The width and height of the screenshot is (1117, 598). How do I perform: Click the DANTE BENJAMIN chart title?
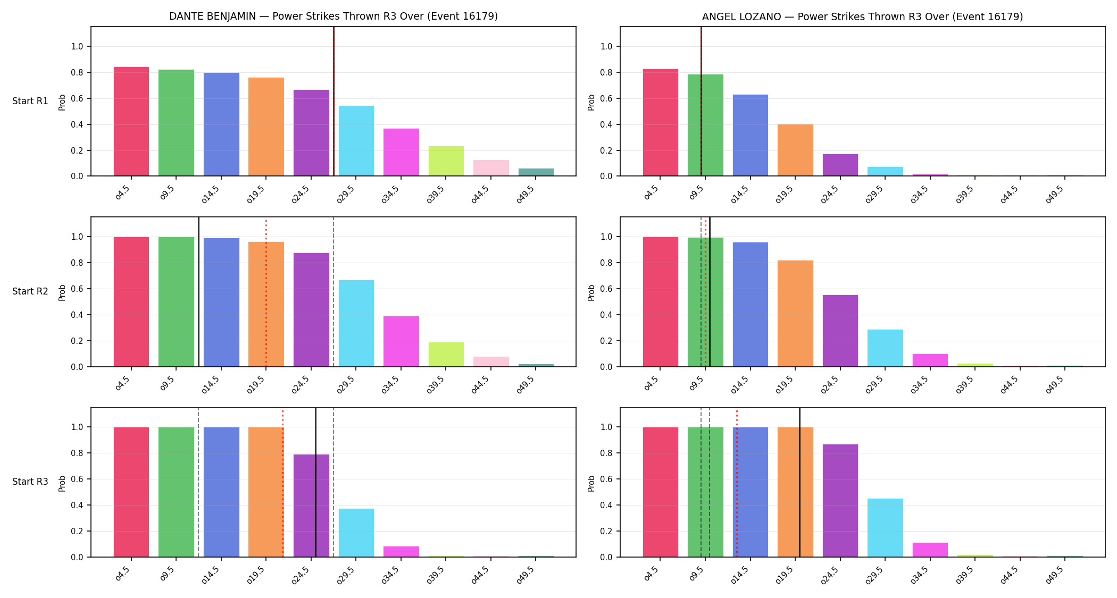[334, 16]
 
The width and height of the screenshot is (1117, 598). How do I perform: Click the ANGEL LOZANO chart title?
[862, 16]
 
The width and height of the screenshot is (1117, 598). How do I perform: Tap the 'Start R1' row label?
[30, 101]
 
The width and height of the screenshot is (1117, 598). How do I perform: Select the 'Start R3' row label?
[30, 482]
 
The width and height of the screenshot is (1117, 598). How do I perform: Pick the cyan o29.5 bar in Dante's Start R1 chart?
[356, 141]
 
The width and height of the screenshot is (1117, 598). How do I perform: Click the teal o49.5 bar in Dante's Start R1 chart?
[536, 172]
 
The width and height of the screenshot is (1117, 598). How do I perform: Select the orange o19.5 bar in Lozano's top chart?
[795, 150]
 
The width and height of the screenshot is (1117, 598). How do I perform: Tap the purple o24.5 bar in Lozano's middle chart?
[840, 331]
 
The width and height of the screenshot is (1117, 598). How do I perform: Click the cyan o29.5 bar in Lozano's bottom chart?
[885, 528]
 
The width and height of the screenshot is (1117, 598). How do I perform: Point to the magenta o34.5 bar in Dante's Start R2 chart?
[401, 341]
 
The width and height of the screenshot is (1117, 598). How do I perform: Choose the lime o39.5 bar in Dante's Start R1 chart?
[446, 161]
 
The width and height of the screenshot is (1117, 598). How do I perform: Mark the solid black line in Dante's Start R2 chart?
[198, 292]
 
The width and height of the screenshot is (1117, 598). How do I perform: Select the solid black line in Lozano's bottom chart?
[799, 482]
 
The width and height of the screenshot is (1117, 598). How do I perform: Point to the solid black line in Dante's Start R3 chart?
[315, 482]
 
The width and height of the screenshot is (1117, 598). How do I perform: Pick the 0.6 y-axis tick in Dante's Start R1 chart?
[77, 98]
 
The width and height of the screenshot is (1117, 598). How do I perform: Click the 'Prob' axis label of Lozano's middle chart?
[591, 292]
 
